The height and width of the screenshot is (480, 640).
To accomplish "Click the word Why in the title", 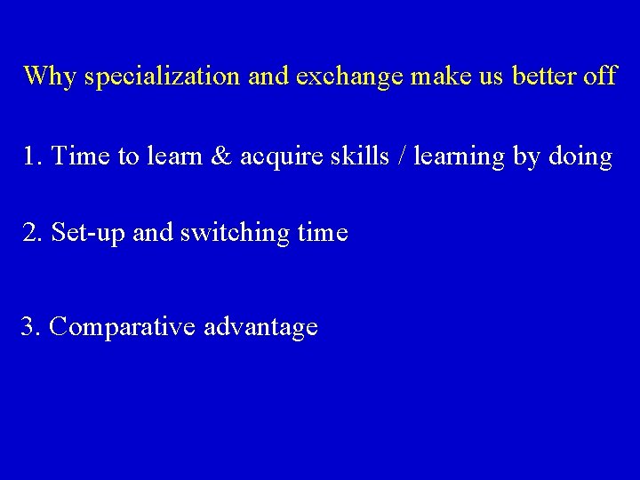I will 50,76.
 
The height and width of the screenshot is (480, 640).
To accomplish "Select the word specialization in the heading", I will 163,76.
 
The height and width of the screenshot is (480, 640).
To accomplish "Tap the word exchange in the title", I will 349,76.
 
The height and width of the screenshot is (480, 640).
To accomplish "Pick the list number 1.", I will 32,156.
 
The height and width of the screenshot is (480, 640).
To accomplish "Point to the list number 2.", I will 32,233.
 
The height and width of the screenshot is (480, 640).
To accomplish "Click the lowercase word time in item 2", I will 323,233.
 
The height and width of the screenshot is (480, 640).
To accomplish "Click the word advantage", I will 260,328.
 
